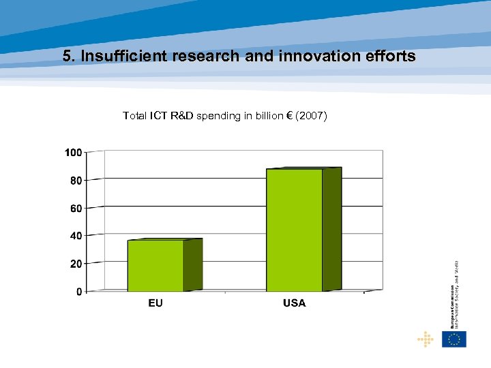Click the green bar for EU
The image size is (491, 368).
tap(156, 266)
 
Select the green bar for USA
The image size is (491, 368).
tap(295, 230)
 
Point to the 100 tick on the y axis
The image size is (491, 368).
tap(74, 153)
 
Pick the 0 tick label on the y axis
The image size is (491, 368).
tap(79, 292)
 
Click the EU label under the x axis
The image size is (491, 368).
tap(155, 303)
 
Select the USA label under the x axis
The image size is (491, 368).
tap(294, 303)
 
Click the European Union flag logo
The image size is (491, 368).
tap(454, 339)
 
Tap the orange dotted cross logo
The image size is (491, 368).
tap(426, 339)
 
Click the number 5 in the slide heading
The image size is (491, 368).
tap(66, 57)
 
